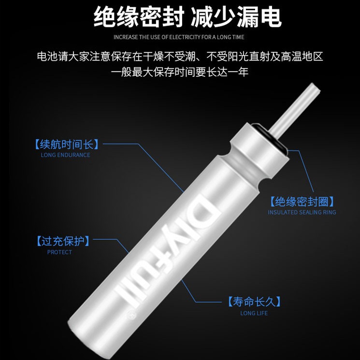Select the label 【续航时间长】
[x=67, y=144]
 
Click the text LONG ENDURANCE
[x=65, y=155]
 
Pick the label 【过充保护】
[x=63, y=241]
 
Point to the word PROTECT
[x=59, y=252]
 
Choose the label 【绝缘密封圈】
[x=302, y=202]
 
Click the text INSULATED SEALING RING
[x=302, y=213]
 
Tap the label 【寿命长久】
[x=254, y=302]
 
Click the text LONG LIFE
[x=254, y=313]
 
